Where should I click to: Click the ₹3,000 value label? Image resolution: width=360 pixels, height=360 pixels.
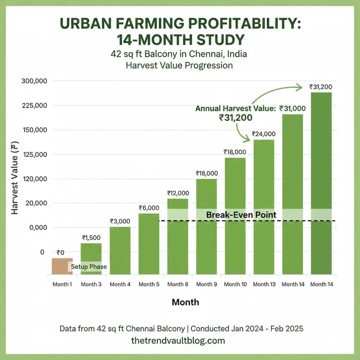click(120, 221)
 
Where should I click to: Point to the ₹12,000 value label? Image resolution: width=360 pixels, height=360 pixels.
click(178, 193)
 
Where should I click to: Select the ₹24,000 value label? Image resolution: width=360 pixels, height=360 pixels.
click(264, 134)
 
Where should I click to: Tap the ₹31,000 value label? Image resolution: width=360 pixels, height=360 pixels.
click(292, 109)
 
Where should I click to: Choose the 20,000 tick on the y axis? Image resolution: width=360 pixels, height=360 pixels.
click(34, 203)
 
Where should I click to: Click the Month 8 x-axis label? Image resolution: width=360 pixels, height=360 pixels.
click(178, 284)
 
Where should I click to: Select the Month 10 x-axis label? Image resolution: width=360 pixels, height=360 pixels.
click(235, 284)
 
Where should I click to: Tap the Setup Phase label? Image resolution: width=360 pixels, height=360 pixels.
click(89, 266)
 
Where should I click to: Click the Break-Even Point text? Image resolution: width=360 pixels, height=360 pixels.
click(241, 215)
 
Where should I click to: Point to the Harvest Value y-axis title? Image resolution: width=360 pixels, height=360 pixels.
click(15, 179)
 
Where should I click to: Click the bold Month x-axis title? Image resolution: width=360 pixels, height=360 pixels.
click(185, 302)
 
